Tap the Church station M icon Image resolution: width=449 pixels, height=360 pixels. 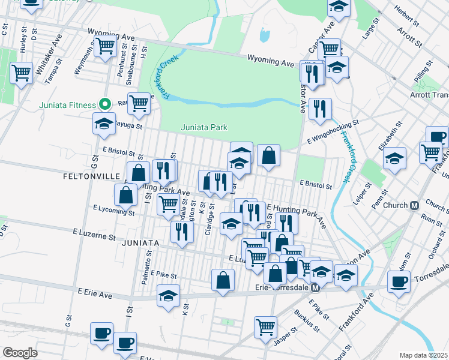(x=414, y=205)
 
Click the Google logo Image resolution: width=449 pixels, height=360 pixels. (x=20, y=353)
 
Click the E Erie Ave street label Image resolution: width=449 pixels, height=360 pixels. (x=95, y=292)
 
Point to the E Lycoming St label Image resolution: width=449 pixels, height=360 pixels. (x=113, y=210)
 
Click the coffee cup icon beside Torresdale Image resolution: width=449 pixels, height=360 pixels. (x=399, y=281)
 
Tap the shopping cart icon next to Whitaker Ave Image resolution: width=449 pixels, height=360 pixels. (x=21, y=73)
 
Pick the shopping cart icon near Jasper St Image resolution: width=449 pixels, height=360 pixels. (x=265, y=327)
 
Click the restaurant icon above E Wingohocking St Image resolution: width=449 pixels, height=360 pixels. (x=321, y=109)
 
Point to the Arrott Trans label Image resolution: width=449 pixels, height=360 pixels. (x=431, y=95)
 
